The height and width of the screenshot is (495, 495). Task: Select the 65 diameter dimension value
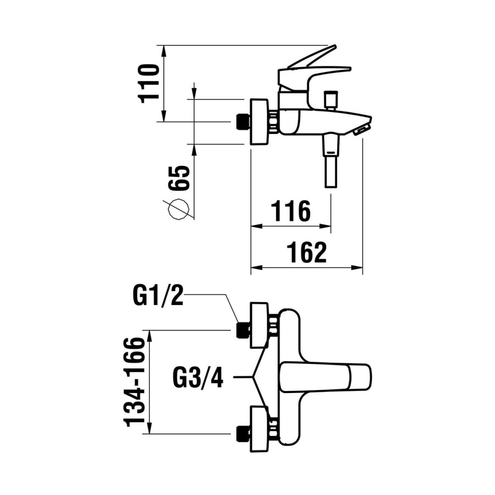coord(178,178)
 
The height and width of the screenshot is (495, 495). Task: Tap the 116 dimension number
coord(290,211)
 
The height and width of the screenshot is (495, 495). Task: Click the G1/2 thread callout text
coord(158,295)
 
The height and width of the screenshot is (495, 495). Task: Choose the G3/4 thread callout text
coord(198,377)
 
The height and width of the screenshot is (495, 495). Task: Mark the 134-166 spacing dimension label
coord(135,382)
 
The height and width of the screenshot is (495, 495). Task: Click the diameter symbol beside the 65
coord(177,209)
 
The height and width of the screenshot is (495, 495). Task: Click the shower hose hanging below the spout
coord(331,162)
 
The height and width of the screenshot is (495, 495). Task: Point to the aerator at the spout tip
coord(362,130)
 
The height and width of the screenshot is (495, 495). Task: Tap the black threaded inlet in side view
coord(242,122)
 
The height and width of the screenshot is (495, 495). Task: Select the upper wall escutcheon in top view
coord(260,325)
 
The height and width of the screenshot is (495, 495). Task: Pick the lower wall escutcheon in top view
coord(260,429)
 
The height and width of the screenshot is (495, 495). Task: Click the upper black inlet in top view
coord(242,330)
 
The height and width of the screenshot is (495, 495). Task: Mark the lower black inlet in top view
coord(242,434)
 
